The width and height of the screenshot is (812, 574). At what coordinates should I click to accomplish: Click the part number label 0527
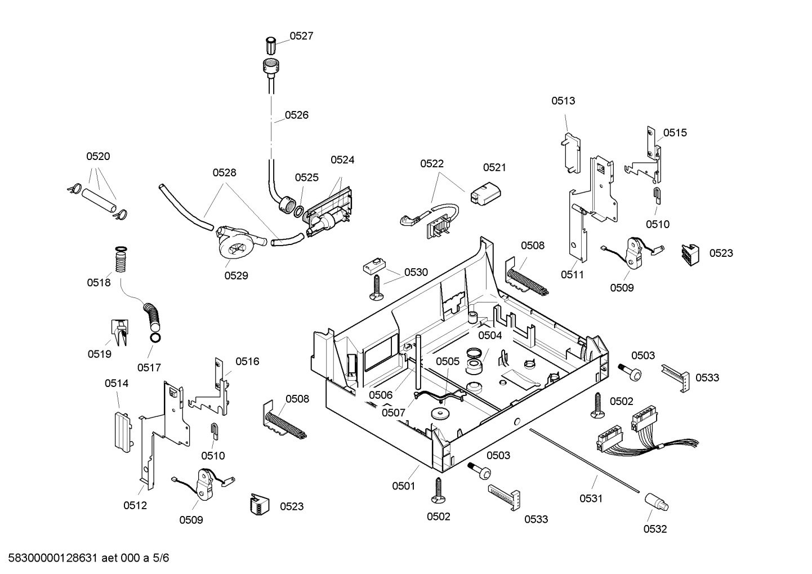coord(301,36)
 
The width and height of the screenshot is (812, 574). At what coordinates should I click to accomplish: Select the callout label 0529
coord(236,275)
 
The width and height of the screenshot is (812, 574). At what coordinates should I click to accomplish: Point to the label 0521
coord(494,167)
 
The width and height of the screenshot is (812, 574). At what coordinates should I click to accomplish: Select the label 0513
coord(563,101)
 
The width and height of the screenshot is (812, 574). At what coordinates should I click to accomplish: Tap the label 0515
coord(675,133)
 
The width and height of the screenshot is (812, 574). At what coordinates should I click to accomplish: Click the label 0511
coord(572,275)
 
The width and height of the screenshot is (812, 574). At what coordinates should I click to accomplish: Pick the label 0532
coord(655,529)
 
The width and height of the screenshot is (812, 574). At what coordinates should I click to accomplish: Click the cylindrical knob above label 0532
coord(656,500)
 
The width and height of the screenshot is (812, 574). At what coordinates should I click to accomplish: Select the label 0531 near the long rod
coord(591,498)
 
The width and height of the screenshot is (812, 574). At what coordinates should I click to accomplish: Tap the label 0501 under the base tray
coord(404,486)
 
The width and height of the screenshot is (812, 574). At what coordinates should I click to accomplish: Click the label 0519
coord(99,354)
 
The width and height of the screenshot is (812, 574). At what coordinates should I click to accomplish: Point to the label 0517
coord(149,367)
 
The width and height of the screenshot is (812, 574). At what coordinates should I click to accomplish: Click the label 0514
coord(117,384)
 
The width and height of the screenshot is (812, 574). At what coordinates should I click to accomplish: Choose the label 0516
coord(247,362)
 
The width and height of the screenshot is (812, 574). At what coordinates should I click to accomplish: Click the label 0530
coord(416,272)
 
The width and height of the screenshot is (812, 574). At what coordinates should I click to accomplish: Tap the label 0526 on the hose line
coord(296,115)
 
